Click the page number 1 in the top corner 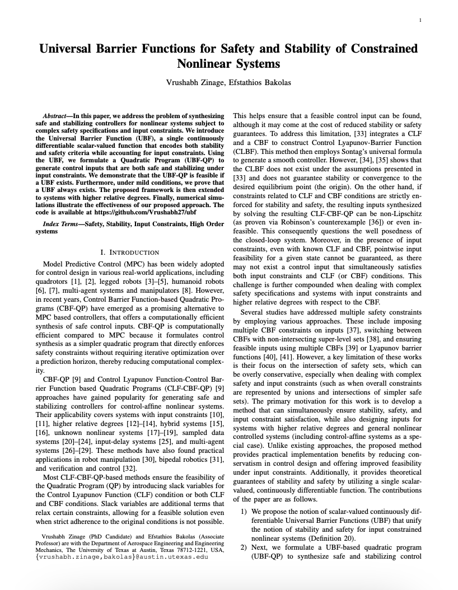pos(419,20)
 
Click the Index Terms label pos(61,224)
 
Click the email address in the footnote pos(121,557)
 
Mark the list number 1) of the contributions pos(244,512)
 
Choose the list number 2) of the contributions pos(244,547)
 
